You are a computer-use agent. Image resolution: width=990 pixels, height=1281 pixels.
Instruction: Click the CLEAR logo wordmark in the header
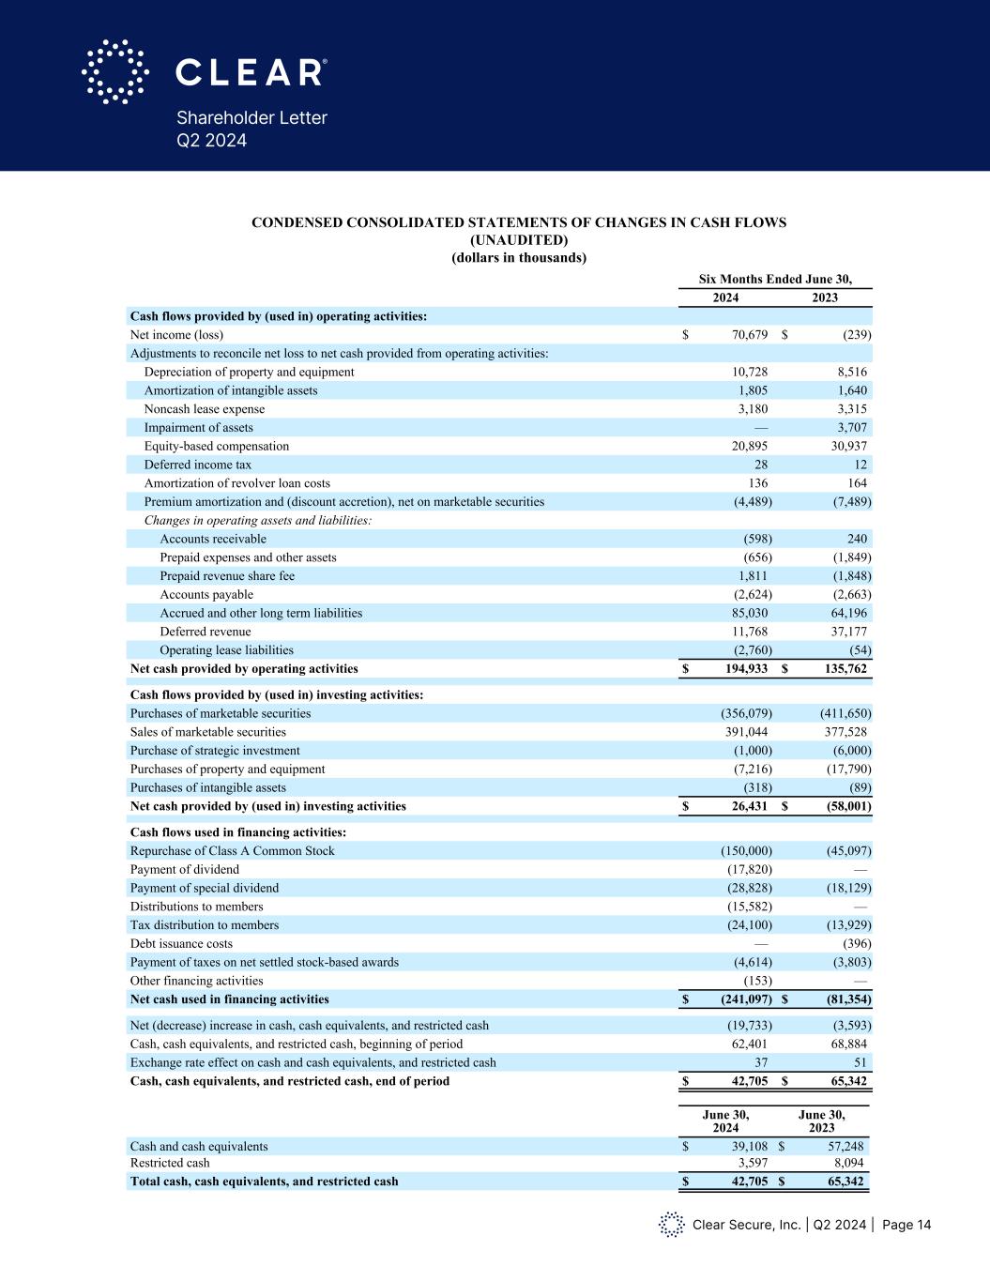[251, 72]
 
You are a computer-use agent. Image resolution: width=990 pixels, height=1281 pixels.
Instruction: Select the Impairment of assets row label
[198, 428]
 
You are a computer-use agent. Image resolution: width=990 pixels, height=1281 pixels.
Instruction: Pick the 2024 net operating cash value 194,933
[741, 669]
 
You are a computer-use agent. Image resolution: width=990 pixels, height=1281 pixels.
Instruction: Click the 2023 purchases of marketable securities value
[845, 714]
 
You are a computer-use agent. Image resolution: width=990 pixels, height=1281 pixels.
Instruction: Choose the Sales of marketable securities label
[207, 732]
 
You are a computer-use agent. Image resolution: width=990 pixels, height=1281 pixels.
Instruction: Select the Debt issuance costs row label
[181, 944]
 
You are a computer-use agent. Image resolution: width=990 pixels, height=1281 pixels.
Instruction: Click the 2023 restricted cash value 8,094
[848, 1164]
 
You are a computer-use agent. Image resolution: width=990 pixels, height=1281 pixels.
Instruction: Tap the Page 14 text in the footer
[906, 1225]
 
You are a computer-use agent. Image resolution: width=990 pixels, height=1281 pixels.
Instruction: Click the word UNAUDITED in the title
[518, 240]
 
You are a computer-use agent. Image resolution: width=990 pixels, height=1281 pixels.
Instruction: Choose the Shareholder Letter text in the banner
[252, 118]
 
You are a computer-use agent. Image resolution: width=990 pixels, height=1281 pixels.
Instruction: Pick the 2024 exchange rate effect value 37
[761, 1063]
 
